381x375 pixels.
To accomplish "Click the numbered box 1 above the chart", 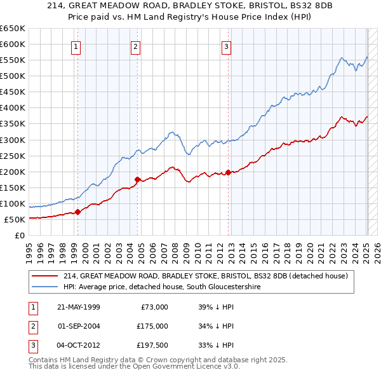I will pyautogui.click(x=76, y=45).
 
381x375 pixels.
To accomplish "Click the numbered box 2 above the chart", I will pyautogui.click(x=136, y=45).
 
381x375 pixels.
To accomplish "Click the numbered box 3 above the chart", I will pyautogui.click(x=227, y=45).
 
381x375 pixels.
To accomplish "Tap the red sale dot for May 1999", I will pyautogui.click(x=77, y=212).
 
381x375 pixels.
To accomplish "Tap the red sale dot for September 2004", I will pyautogui.click(x=137, y=179).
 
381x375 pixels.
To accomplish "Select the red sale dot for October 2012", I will pyautogui.click(x=228, y=172).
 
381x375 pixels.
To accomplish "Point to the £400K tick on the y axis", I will pyautogui.click(x=13, y=107).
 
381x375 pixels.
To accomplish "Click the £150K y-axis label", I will pyautogui.click(x=13, y=187).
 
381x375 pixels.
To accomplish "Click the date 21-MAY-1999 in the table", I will pyautogui.click(x=78, y=306).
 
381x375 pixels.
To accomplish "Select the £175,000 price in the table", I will pyautogui.click(x=152, y=326).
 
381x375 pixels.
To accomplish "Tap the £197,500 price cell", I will pyautogui.click(x=152, y=346).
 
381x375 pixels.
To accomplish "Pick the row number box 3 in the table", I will pyautogui.click(x=32, y=346).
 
